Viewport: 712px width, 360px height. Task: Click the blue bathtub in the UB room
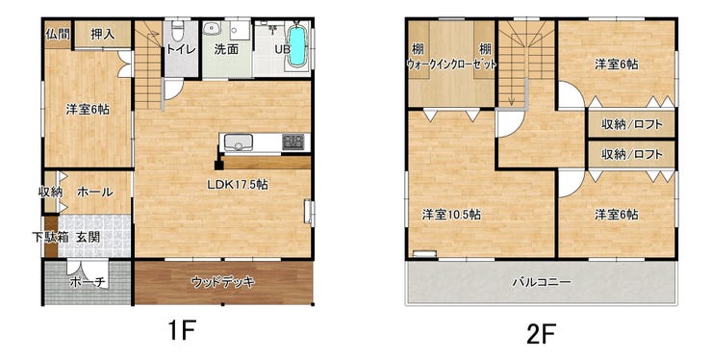(x=298, y=45)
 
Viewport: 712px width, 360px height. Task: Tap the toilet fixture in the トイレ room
(x=178, y=31)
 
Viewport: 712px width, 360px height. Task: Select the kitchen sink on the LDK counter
(x=239, y=141)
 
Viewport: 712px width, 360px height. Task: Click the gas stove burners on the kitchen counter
(x=292, y=141)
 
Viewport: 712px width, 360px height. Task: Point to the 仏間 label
(x=58, y=33)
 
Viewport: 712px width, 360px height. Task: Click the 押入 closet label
(x=103, y=34)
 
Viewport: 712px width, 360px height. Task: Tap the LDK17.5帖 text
(x=237, y=184)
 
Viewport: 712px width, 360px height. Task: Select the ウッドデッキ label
(x=223, y=282)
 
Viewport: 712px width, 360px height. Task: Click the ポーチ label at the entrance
(x=89, y=282)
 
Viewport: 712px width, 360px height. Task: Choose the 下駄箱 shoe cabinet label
(x=46, y=237)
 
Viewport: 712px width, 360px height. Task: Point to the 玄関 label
(x=88, y=237)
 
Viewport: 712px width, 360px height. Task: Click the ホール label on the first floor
(x=94, y=192)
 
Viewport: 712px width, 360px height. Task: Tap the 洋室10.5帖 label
(x=452, y=214)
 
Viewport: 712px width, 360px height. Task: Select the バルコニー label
(x=542, y=282)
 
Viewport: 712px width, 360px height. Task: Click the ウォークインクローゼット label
(x=451, y=64)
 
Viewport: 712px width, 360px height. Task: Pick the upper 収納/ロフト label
(x=631, y=124)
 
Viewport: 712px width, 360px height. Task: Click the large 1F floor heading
(x=182, y=330)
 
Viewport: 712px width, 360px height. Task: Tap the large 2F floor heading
(x=542, y=334)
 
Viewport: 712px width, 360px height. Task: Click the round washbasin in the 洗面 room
(x=211, y=30)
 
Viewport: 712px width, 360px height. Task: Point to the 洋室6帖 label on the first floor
(x=88, y=109)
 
